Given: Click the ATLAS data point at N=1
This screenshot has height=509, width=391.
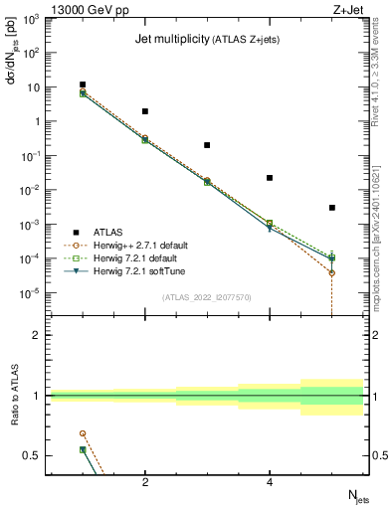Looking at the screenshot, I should pyautogui.click(x=83, y=85).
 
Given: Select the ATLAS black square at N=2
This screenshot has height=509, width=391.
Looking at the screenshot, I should pyautogui.click(x=145, y=111).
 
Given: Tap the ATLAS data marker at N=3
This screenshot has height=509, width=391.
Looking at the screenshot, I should pyautogui.click(x=207, y=145).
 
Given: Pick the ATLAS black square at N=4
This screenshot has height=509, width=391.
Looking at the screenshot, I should pyautogui.click(x=270, y=178).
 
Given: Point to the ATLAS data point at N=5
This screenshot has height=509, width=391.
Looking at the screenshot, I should pyautogui.click(x=332, y=208).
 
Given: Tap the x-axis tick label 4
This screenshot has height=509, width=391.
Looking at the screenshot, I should pyautogui.click(x=270, y=484).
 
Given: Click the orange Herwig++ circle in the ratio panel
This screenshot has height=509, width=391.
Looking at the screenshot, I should pyautogui.click(x=83, y=433).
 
